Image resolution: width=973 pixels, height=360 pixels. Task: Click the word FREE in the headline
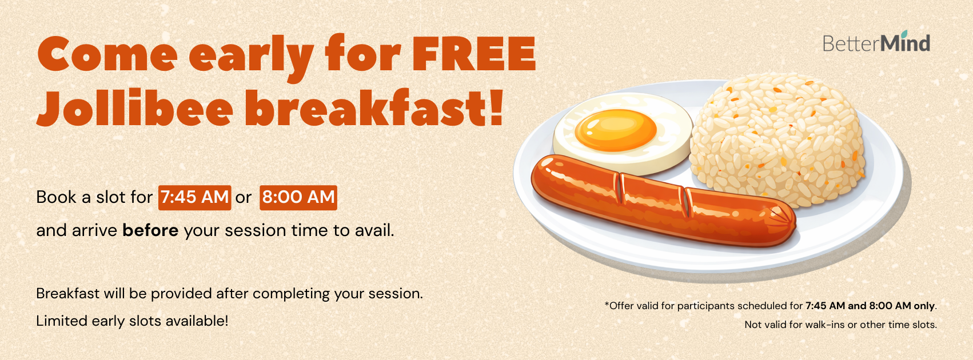coord(474,54)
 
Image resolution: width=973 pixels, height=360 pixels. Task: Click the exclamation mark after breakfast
coord(495,107)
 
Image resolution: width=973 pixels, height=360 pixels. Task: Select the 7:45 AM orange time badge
coord(194,198)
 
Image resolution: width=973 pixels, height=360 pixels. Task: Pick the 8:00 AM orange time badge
coord(298,198)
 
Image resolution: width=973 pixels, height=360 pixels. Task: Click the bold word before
coord(150,230)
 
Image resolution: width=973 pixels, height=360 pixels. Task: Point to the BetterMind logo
coord(876,42)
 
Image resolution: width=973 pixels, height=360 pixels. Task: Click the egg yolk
coord(615,130)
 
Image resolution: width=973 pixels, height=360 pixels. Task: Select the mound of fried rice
coord(777,140)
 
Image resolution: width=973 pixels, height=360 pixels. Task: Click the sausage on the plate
coord(662,200)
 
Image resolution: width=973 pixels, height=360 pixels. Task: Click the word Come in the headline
coord(107,54)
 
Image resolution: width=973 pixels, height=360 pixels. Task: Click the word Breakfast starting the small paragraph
coord(68,294)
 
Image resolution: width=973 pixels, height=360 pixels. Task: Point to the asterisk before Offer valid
coord(607,304)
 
